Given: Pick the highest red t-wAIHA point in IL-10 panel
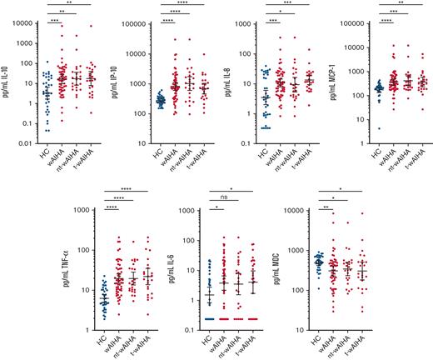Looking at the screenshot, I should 92,27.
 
